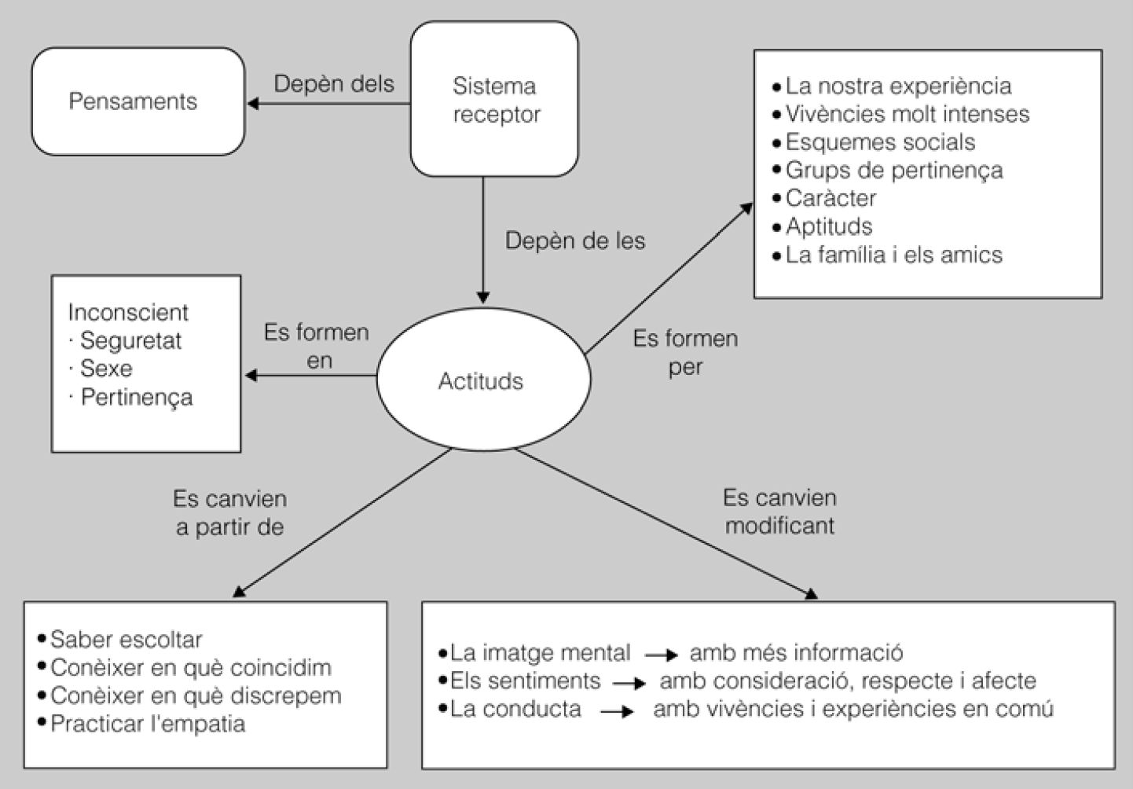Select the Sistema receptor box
coord(495,99)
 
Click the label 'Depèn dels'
coord(334,83)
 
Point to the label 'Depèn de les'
coord(575,240)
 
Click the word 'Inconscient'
coord(128,312)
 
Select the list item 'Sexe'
coord(106,369)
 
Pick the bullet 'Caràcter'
coord(830,198)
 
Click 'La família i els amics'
coord(893,255)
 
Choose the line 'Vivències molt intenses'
coord(907,114)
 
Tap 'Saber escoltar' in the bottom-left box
coord(126,639)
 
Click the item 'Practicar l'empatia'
coord(147,724)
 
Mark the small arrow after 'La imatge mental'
coord(661,654)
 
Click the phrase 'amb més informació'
coord(796,652)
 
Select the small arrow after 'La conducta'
coord(618,711)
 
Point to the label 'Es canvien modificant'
coord(779,512)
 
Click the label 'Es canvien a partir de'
coord(229,513)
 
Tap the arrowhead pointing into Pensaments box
coord(253,103)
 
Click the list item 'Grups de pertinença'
coord(893,170)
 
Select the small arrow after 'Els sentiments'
coord(629,683)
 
